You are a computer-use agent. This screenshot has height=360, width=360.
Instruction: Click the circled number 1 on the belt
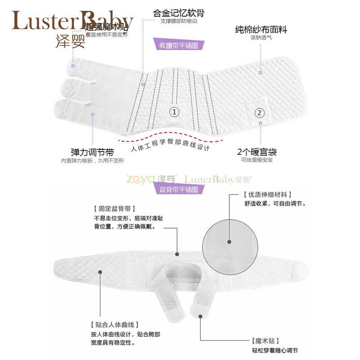pyautogui.click(x=174, y=111)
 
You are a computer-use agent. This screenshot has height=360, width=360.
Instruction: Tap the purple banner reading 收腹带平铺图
pyautogui.click(x=179, y=45)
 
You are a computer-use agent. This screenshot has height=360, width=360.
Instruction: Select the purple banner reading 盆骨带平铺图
pyautogui.click(x=179, y=189)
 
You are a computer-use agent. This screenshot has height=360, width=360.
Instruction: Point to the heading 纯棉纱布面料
pyautogui.click(x=261, y=30)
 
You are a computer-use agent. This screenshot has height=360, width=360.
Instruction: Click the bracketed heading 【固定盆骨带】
pyautogui.click(x=112, y=209)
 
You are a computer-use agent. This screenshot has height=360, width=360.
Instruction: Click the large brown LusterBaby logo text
pyautogui.click(x=72, y=20)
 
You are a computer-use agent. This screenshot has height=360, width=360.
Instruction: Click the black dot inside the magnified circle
pyautogui.click(x=229, y=242)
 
